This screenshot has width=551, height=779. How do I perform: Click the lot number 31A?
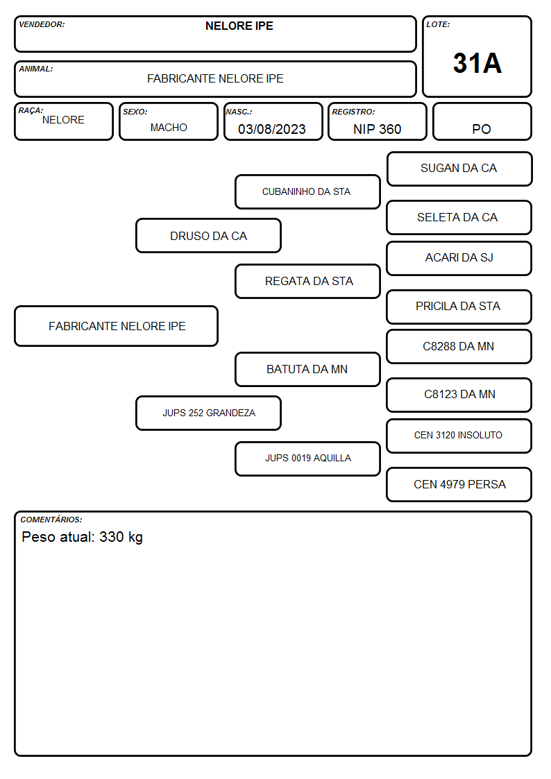(477, 63)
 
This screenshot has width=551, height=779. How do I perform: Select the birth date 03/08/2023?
(272, 129)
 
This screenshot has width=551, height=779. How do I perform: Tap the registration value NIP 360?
(377, 129)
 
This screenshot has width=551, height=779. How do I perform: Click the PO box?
(482, 121)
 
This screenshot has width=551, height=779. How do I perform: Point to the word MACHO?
(169, 128)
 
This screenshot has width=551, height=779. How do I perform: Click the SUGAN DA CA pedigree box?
(459, 169)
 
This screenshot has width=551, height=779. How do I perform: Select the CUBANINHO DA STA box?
(307, 191)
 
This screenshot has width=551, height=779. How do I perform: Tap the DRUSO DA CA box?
(209, 236)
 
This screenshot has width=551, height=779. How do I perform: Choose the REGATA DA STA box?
(307, 281)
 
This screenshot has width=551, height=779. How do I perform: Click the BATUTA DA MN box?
(307, 369)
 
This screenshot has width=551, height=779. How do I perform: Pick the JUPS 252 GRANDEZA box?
(209, 413)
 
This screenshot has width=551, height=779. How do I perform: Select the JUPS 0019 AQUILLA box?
(307, 459)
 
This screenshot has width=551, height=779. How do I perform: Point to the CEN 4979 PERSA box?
(459, 484)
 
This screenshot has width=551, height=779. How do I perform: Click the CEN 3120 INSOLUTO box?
(459, 436)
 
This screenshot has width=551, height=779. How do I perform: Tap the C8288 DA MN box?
(459, 346)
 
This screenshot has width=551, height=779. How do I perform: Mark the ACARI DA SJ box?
(459, 258)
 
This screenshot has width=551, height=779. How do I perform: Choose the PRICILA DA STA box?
(459, 307)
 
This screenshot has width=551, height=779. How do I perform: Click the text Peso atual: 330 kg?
(83, 537)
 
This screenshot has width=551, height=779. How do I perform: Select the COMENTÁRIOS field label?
(51, 520)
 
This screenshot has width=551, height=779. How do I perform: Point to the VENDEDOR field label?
(42, 24)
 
